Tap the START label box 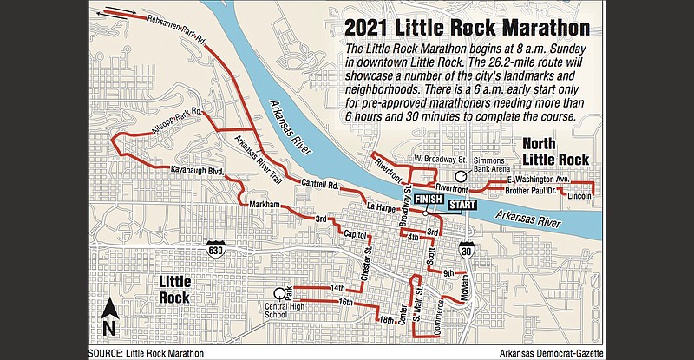click(x=466, y=204)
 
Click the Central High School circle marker click(x=279, y=292)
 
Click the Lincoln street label click(x=578, y=197)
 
